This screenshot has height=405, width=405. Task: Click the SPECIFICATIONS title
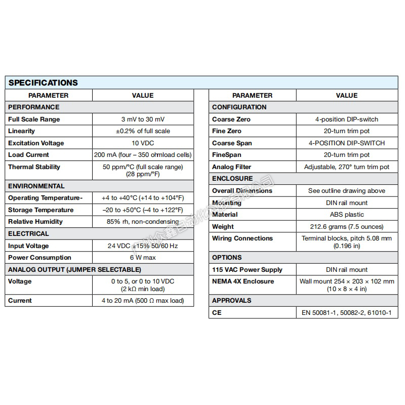pos(43,83)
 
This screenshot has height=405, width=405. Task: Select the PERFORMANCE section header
pos(33,107)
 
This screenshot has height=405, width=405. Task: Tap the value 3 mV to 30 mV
pos(142,119)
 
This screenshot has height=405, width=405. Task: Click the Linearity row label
pos(22,131)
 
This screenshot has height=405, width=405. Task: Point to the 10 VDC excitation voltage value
pos(142,143)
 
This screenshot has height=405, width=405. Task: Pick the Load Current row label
pos(28,155)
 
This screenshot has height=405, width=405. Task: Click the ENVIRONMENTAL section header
pos(36,186)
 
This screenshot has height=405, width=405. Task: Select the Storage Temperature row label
pos(40,210)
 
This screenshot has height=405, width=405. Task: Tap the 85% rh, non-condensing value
pos(142,222)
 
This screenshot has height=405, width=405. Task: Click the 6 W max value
pos(142,258)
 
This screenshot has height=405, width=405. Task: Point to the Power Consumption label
pos(39,258)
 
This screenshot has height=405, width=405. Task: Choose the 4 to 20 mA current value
pos(142,301)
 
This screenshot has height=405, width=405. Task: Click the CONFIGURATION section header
pos(239,107)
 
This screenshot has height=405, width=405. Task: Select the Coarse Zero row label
pos(231,119)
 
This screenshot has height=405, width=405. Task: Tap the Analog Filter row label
pos(231,167)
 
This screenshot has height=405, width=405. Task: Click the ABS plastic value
pos(347,215)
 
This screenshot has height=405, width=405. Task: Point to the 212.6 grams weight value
pos(347,227)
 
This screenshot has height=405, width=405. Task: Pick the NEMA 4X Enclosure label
pos(243,281)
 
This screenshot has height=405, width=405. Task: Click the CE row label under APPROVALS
pos(217,313)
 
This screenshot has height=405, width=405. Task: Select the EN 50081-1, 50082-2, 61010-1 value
pos(347,313)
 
